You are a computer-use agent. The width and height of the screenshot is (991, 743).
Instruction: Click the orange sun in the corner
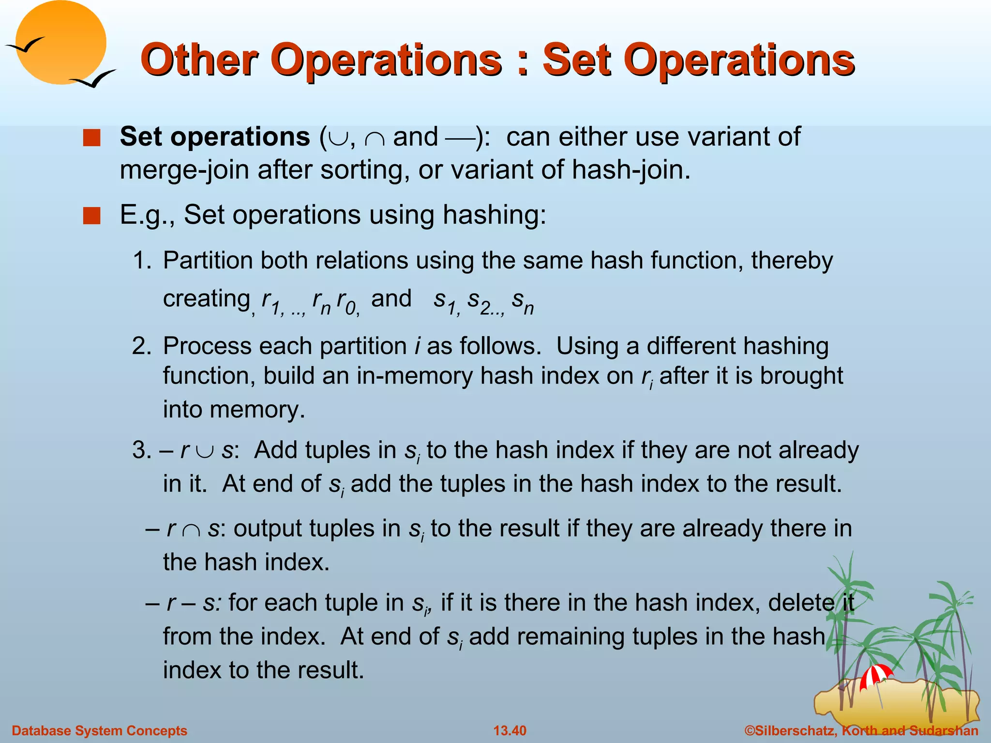coord(60,43)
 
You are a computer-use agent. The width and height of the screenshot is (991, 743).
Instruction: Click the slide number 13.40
coord(510,730)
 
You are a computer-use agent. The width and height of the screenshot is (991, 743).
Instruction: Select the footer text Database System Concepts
coord(99,730)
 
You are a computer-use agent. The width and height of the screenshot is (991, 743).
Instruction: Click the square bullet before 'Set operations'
coord(91,138)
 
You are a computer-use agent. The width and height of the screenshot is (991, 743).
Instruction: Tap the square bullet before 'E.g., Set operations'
coord(91,216)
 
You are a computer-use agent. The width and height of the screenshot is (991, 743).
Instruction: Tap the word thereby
coord(792,261)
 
